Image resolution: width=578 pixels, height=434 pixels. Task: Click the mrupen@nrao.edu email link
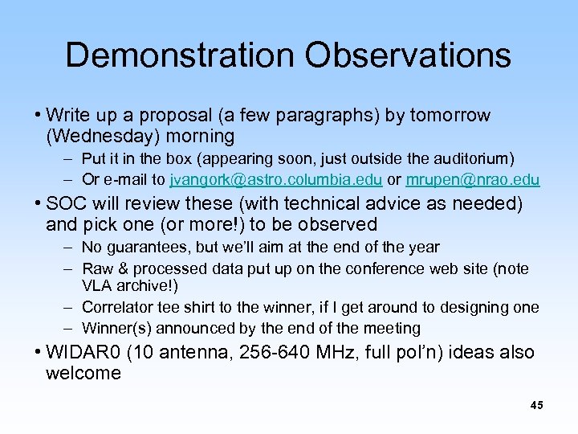[473, 179]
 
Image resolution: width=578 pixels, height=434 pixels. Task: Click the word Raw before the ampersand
[97, 268]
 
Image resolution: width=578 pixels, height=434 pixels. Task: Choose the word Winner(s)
[116, 328]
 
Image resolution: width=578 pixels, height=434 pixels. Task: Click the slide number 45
[536, 406]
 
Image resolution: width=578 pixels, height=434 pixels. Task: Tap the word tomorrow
[450, 116]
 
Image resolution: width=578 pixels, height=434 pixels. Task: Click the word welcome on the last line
[83, 373]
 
